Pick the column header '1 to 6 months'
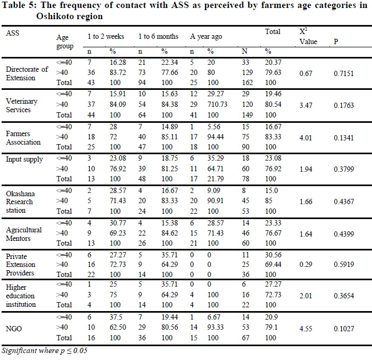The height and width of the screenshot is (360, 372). pos(158,37)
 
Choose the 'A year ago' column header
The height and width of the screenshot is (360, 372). pos(206,37)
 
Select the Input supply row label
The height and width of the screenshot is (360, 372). pos(24,159)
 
